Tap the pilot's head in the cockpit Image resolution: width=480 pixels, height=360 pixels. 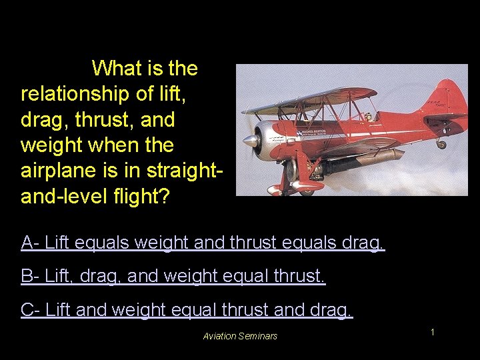[x=368, y=117]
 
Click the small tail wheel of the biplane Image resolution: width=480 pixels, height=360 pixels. [x=441, y=144]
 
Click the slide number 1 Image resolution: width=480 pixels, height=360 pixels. [x=432, y=331]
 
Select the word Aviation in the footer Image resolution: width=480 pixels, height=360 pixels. [x=221, y=336]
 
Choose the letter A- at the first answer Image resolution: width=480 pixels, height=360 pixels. [x=29, y=242]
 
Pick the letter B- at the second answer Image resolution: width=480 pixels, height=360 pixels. [x=29, y=276]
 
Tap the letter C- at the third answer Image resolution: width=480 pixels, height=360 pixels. [x=30, y=310]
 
